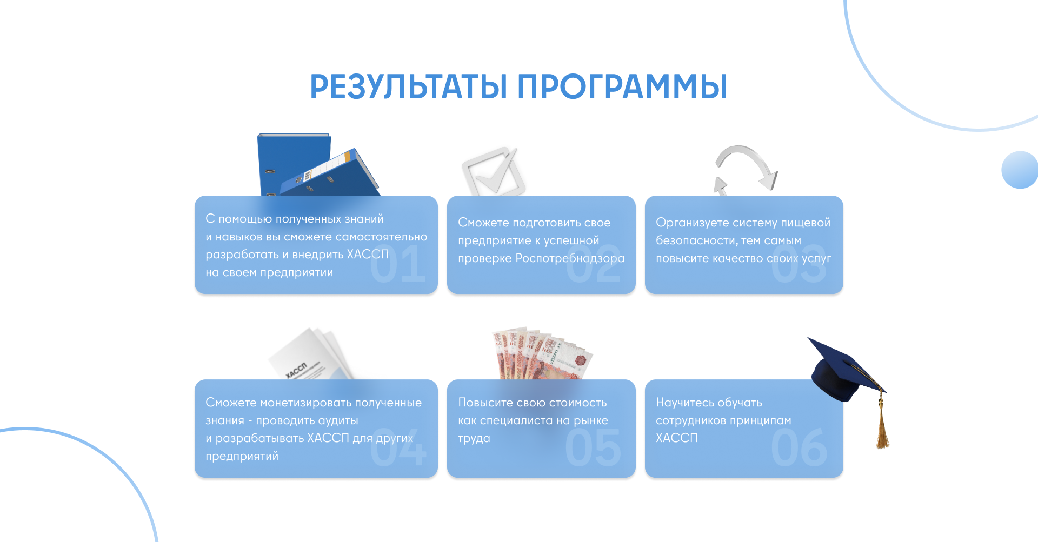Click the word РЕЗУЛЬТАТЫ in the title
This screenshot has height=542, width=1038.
coord(409,87)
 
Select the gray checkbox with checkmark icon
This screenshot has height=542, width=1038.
coord(494,172)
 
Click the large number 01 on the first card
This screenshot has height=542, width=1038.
coord(398,264)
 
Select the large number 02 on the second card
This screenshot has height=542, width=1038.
coord(593,264)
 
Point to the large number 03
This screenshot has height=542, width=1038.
coord(799,264)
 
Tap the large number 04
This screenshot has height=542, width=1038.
coord(398,447)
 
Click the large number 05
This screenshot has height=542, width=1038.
coord(593,447)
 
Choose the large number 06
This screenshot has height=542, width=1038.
coord(799,447)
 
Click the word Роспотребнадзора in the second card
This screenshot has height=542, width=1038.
coord(570,258)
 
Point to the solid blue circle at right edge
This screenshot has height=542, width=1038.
coord(1020,170)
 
